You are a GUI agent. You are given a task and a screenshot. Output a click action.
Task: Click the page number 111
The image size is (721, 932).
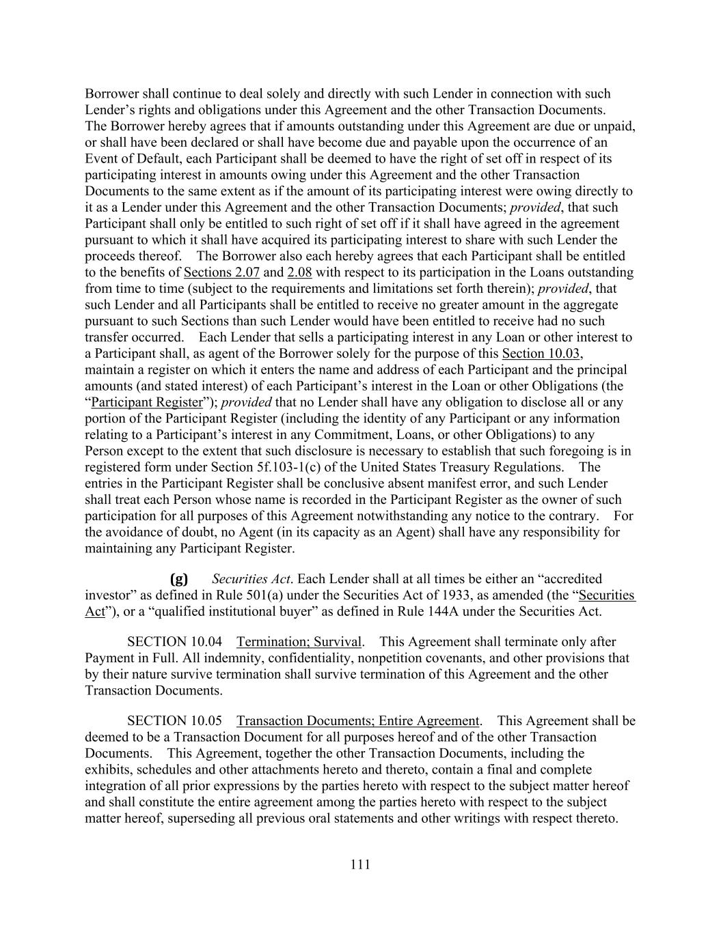[x=360, y=864]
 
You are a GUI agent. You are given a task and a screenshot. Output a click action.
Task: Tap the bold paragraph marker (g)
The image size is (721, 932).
[x=178, y=579]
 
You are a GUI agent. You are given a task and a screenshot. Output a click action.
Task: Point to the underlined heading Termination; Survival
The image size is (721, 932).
[x=299, y=642]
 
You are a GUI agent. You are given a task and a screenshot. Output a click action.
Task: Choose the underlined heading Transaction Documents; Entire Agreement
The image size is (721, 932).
[x=358, y=721]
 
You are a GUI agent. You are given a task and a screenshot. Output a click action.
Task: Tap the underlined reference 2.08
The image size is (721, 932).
[x=299, y=272]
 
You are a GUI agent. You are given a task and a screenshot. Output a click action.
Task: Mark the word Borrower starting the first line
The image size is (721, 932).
[x=112, y=94]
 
